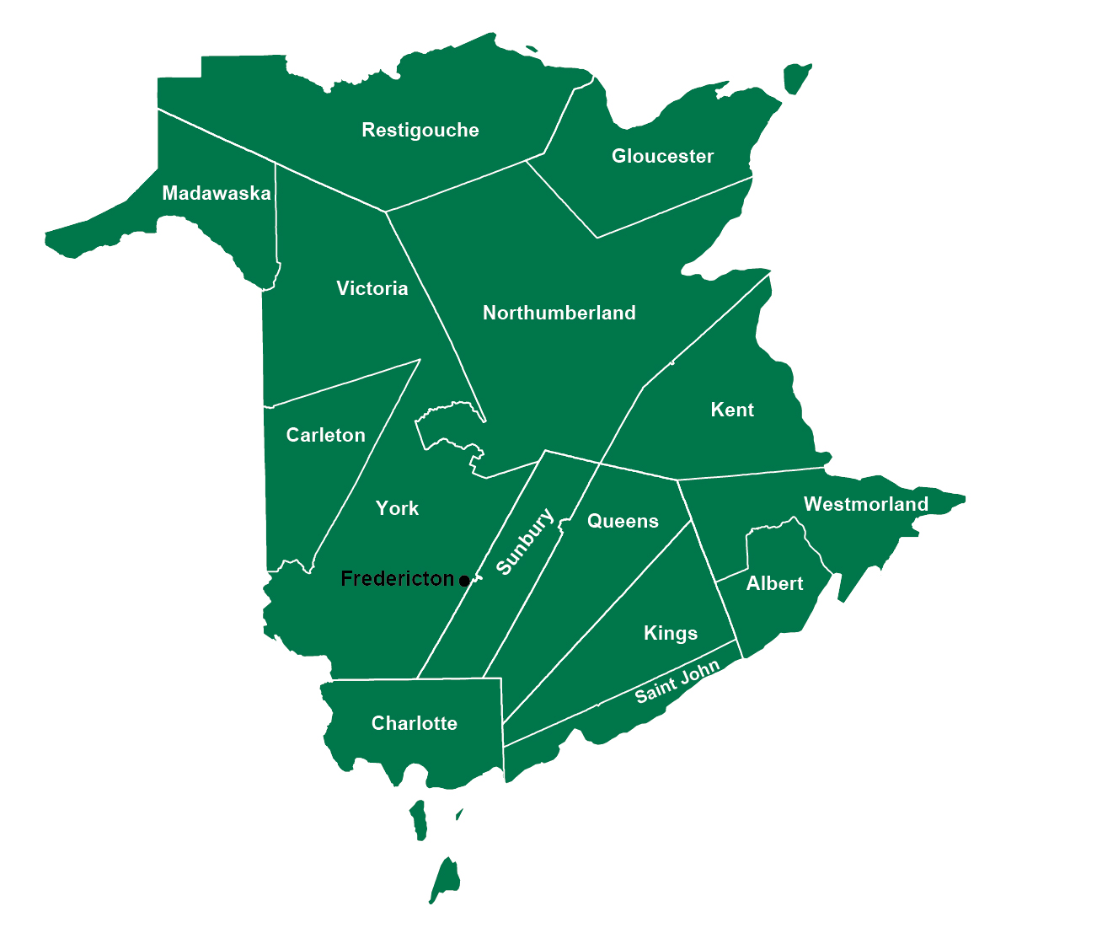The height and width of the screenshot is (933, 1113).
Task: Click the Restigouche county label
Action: click(x=420, y=131)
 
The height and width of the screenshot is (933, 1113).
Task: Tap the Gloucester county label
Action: click(x=662, y=157)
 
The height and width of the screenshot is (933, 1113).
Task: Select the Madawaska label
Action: click(x=217, y=194)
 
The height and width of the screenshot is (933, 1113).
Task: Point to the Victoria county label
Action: click(x=372, y=289)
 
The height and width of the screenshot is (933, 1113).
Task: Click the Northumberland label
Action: click(x=559, y=314)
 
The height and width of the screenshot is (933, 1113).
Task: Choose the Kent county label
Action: click(x=732, y=410)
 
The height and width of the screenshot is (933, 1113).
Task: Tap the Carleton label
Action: click(x=325, y=436)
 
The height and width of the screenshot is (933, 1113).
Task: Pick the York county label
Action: click(x=397, y=509)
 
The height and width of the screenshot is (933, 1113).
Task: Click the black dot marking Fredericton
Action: click(x=464, y=581)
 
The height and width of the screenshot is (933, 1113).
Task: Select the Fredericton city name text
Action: click(x=397, y=579)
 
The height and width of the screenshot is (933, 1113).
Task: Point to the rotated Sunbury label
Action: click(x=525, y=542)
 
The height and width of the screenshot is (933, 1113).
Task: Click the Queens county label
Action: click(x=623, y=522)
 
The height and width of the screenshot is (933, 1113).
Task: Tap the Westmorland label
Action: click(x=865, y=505)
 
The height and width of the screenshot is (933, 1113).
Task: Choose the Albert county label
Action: click(x=774, y=584)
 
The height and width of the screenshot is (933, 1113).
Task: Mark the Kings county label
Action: click(x=670, y=634)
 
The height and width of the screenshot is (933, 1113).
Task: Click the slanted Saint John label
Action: click(x=677, y=682)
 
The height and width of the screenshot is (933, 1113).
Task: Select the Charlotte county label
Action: click(x=414, y=724)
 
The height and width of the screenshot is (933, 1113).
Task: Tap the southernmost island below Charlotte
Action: click(x=445, y=881)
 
